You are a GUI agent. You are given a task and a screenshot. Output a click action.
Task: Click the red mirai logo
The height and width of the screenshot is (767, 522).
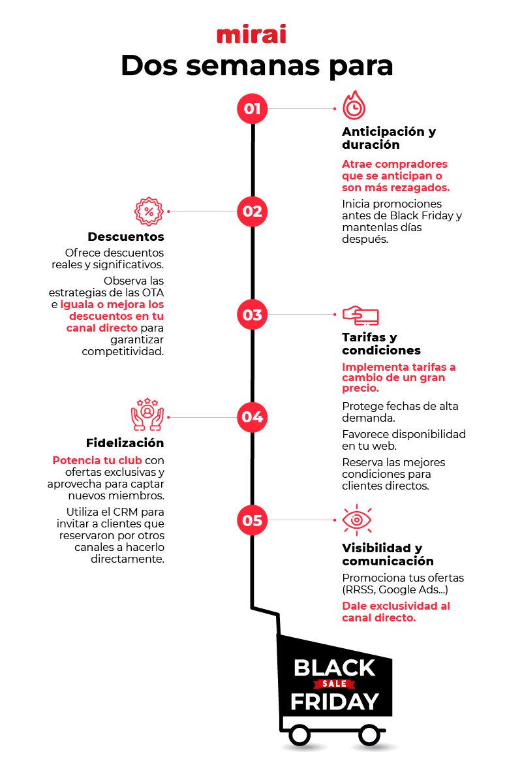point(251,35)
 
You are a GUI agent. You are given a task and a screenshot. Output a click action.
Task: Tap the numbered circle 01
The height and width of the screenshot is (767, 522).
point(253,108)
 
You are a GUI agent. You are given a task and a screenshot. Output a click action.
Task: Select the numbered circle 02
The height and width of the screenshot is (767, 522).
point(253,211)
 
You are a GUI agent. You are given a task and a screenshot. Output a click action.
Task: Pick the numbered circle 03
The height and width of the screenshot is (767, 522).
point(253,315)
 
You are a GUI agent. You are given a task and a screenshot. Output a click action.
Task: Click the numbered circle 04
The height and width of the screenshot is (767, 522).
point(253,417)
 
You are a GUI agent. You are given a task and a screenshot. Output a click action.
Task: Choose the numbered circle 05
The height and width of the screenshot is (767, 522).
point(253,520)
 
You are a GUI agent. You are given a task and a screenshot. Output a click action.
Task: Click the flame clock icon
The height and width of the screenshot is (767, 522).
point(354,106)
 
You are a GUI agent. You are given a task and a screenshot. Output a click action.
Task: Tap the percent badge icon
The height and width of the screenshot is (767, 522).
point(148,211)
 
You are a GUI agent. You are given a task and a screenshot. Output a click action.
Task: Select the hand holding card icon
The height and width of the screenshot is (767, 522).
point(361,315)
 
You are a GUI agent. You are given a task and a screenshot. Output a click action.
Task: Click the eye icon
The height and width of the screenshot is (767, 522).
point(357,520)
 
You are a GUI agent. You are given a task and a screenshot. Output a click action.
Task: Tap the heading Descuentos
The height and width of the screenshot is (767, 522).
point(126,236)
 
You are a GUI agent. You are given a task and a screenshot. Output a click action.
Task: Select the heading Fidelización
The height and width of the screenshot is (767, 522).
point(125,443)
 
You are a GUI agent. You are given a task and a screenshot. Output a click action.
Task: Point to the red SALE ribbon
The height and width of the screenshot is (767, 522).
point(334,684)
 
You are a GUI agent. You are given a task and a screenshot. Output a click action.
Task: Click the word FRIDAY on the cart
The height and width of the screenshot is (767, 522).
point(334,702)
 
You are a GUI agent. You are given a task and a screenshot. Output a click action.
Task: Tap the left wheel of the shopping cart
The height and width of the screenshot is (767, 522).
point(299,735)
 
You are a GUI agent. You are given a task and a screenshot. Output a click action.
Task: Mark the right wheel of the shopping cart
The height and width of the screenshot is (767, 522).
point(369,735)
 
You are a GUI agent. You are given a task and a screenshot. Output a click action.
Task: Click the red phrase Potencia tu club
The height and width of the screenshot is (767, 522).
point(97,460)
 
